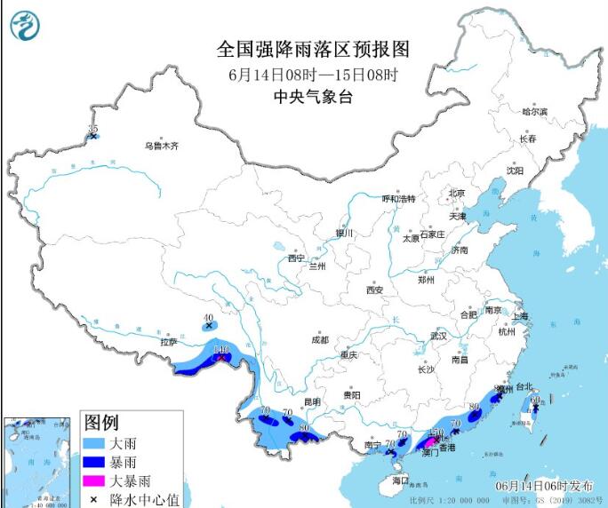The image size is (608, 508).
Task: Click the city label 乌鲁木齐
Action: [x=162, y=146]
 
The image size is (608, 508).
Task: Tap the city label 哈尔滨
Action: [x=534, y=112]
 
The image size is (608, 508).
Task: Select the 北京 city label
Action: [x=457, y=193]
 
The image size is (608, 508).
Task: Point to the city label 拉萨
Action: [x=168, y=342]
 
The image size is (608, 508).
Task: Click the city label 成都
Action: [x=319, y=340]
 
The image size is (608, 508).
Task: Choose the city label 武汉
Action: [x=438, y=336]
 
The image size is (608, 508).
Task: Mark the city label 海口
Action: [x=400, y=480]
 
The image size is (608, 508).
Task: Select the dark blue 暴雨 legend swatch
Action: [x=96, y=463]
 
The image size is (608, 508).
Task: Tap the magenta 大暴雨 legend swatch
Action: [x=96, y=481]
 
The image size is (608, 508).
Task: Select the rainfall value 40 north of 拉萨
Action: [x=209, y=317]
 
